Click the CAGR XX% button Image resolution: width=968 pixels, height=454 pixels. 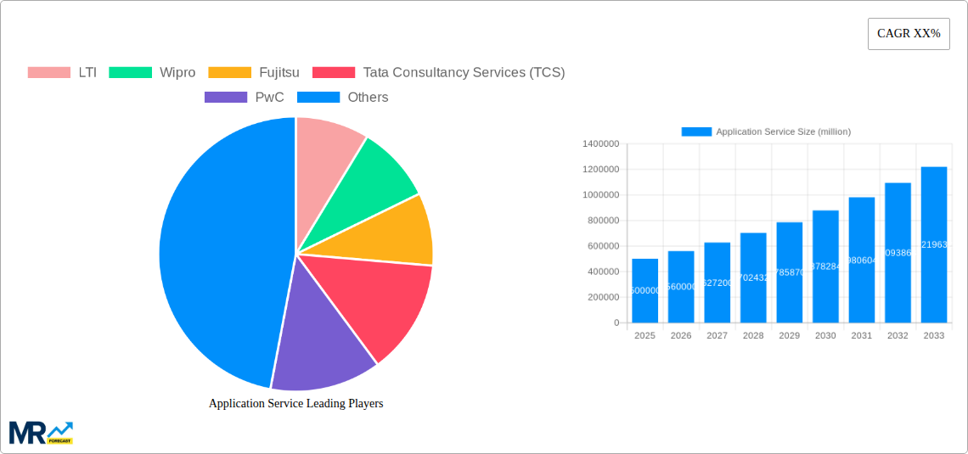[908, 34]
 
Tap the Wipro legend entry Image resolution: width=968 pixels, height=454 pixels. [153, 73]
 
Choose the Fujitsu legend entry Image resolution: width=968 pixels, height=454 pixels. [254, 73]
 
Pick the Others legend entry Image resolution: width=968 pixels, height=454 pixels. [343, 98]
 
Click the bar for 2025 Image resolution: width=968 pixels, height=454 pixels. [644, 290]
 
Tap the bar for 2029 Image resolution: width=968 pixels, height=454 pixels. [789, 272]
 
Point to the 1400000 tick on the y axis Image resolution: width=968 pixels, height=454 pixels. [600, 144]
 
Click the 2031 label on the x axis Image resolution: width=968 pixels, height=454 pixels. [861, 336]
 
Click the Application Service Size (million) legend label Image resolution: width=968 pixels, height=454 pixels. [782, 132]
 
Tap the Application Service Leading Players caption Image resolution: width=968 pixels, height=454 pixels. [295, 404]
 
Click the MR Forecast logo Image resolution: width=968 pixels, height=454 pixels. [41, 433]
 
